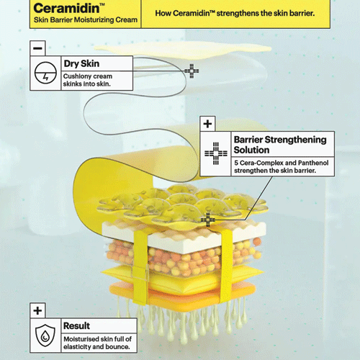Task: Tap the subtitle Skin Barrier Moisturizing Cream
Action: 86,19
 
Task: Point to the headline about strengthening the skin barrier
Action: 235,13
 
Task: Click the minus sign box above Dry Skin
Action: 37,48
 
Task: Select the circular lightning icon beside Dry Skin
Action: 45,73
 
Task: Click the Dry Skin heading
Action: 81,63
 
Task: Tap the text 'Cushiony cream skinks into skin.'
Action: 88,80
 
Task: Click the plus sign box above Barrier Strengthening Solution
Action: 207,124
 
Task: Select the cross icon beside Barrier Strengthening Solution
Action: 216,153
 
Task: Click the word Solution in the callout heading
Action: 251,150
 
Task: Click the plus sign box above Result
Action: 37,310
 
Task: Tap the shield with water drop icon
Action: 45,336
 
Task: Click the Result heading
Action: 76,325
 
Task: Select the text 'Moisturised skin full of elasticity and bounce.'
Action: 97,343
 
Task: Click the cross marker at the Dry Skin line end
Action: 192,71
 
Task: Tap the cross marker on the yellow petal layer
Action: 208,220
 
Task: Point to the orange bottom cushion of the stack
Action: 182,294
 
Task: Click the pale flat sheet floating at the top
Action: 182,50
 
